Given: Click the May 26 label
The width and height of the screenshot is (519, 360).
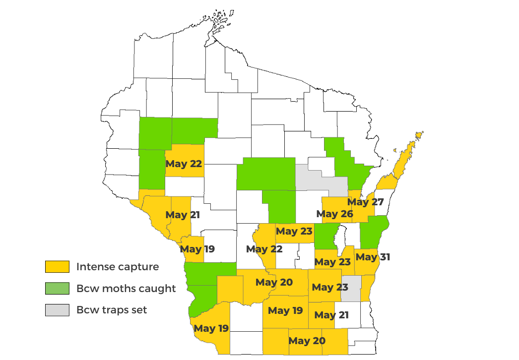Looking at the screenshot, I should click(334, 214).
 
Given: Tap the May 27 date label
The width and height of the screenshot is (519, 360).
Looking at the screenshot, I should click(365, 202).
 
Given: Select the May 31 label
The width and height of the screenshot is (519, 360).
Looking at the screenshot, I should click(373, 257).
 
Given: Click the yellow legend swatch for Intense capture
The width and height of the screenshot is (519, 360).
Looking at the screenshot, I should click(57, 267).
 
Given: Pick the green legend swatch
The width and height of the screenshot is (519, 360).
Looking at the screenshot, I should click(57, 289).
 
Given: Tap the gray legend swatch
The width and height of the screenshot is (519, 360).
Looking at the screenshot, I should click(57, 310).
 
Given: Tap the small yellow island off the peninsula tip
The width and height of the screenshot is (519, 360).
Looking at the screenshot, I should click(419, 134).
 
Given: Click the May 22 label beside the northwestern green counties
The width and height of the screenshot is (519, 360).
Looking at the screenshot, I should click(184, 164).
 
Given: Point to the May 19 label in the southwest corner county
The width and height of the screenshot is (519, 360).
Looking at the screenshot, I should click(211, 328).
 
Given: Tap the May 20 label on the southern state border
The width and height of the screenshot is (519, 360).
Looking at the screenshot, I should click(307, 341).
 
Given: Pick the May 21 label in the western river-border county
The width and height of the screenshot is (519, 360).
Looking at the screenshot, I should click(183, 215).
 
